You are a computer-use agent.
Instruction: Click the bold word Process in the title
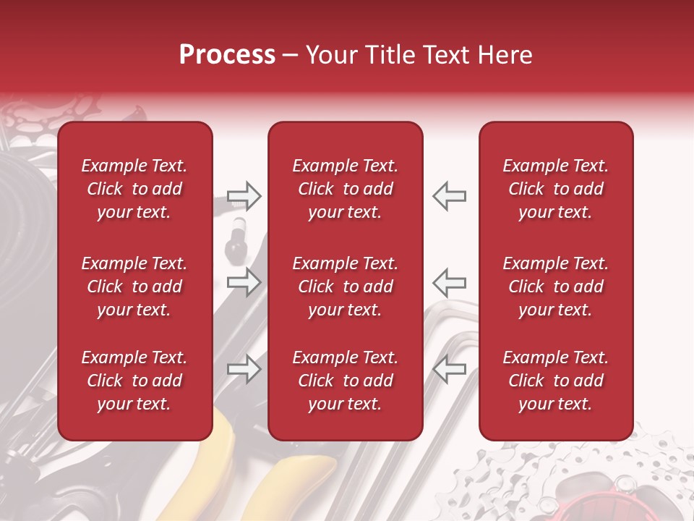coord(227,55)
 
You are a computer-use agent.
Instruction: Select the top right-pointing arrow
coord(244,195)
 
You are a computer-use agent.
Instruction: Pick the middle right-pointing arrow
coord(244,281)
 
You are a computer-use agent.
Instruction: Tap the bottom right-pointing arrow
coord(244,370)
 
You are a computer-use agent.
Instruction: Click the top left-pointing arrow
coord(449,195)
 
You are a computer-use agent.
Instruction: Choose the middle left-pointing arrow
coord(449,281)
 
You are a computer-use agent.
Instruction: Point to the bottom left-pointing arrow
coord(449,370)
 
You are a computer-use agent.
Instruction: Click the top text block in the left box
coord(134,189)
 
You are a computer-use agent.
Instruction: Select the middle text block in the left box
coord(134,287)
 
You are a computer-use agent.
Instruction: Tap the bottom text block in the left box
coord(134,381)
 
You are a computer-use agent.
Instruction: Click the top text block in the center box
coord(346,189)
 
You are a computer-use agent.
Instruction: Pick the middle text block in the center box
coord(346,287)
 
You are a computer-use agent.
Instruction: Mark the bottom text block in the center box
coord(346,381)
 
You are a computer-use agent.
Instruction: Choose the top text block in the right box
coord(556,189)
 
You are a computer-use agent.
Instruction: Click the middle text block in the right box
coord(556,287)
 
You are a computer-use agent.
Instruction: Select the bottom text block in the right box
coord(556,381)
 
